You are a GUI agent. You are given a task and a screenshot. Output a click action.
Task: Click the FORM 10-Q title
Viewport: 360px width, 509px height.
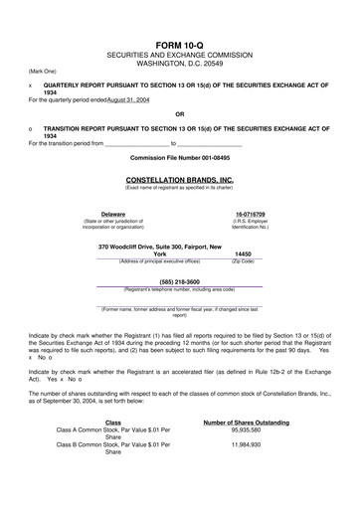click(x=180, y=46)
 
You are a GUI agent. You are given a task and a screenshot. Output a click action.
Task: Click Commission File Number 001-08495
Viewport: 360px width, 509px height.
click(x=180, y=157)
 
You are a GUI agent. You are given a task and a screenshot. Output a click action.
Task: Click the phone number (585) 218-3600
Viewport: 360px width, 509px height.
click(x=180, y=280)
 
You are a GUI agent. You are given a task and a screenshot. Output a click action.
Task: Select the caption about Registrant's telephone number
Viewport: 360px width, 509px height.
click(x=180, y=288)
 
